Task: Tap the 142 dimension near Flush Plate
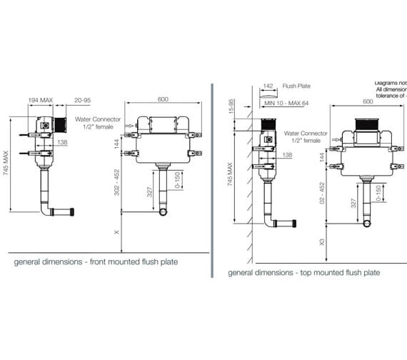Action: coord(268,85)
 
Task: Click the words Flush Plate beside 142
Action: coord(297,85)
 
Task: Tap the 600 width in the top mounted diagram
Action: coord(368,101)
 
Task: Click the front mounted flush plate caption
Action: coord(96,262)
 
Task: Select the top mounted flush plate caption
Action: coord(303,272)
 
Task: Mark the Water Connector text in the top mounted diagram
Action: coord(305,133)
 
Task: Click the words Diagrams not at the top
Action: coord(390,83)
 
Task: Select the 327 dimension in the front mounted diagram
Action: coord(148,194)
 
